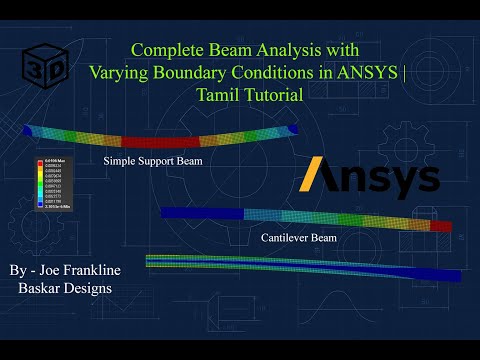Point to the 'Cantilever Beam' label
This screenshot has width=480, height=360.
[299, 238]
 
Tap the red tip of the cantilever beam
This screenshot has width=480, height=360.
[440, 226]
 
